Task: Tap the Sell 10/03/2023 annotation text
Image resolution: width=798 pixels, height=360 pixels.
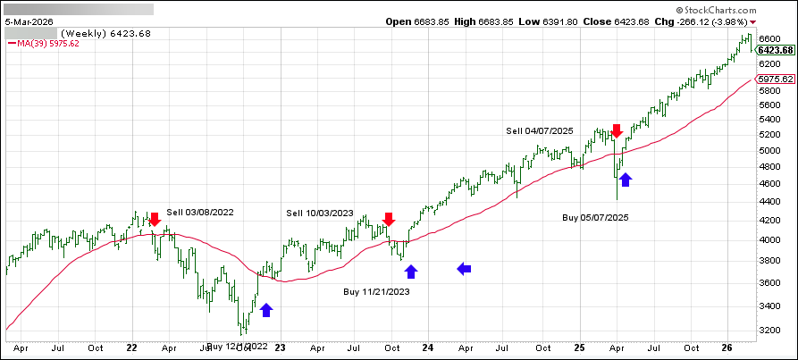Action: pyautogui.click(x=320, y=213)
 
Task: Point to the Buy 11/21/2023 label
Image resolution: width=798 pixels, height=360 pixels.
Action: pyautogui.click(x=378, y=291)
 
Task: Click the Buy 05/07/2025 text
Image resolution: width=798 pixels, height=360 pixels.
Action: pyautogui.click(x=597, y=217)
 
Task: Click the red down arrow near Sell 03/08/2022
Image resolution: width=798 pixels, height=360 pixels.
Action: pyautogui.click(x=155, y=219)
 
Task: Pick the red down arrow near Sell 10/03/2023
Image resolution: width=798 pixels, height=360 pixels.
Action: pyautogui.click(x=389, y=219)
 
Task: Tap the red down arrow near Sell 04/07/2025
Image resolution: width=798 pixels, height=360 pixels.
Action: pyautogui.click(x=617, y=130)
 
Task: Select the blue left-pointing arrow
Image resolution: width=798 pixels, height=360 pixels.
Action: pyautogui.click(x=464, y=267)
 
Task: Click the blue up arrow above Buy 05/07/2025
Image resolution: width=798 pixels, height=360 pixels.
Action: pyautogui.click(x=626, y=180)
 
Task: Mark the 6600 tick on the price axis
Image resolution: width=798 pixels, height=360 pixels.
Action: pyautogui.click(x=770, y=39)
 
